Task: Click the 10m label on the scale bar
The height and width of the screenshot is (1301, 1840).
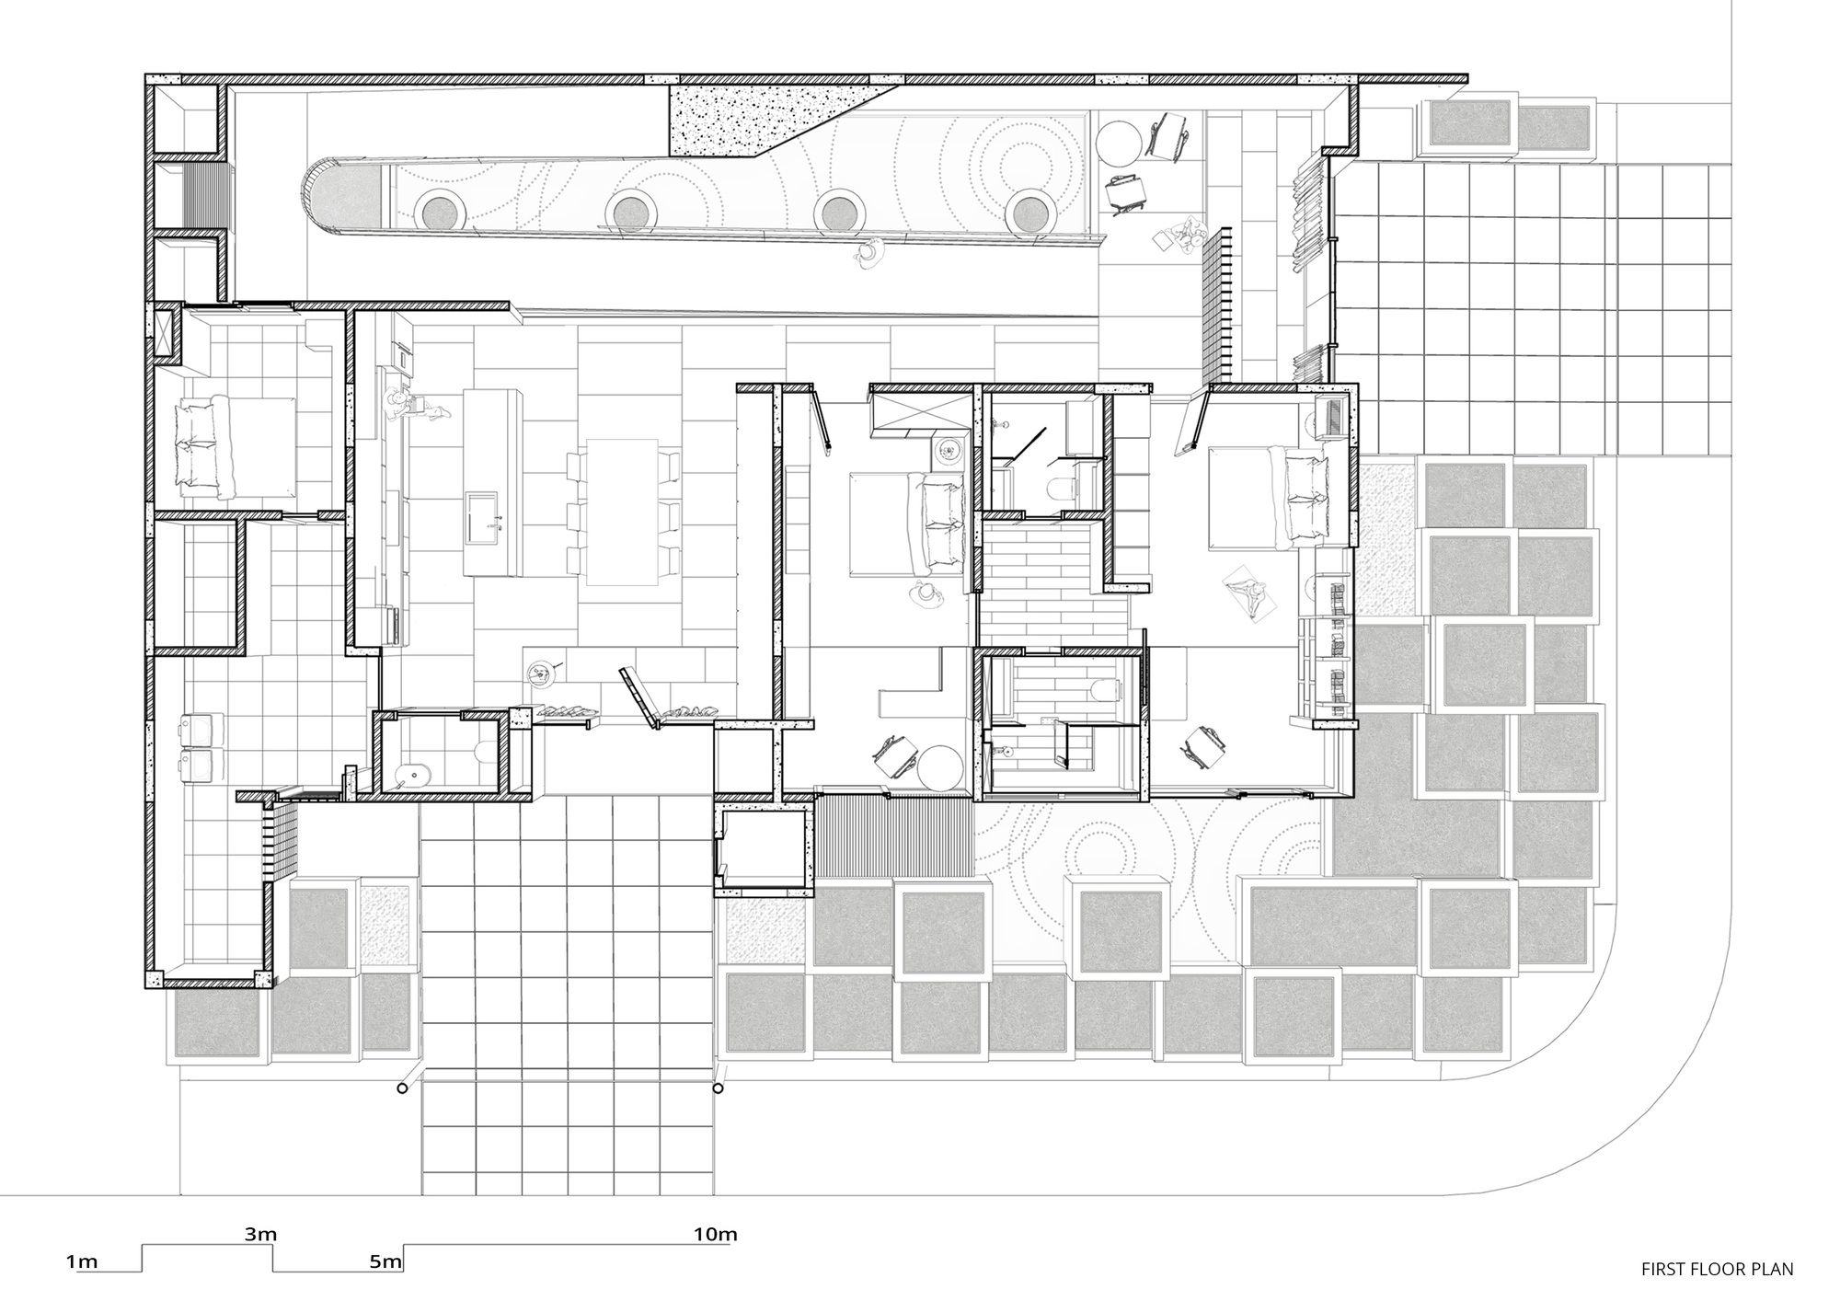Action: (716, 1235)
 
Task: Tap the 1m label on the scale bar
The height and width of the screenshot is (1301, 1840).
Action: (82, 1261)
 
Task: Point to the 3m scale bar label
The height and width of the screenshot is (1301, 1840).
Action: (260, 1235)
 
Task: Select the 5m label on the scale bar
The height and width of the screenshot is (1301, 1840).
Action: (386, 1261)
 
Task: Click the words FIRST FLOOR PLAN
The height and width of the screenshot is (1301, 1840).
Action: (1717, 1270)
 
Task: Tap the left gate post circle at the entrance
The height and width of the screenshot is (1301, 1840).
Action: (402, 1088)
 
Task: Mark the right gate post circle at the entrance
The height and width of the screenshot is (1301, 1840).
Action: (718, 1088)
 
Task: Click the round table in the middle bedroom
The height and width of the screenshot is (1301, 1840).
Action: (942, 766)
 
